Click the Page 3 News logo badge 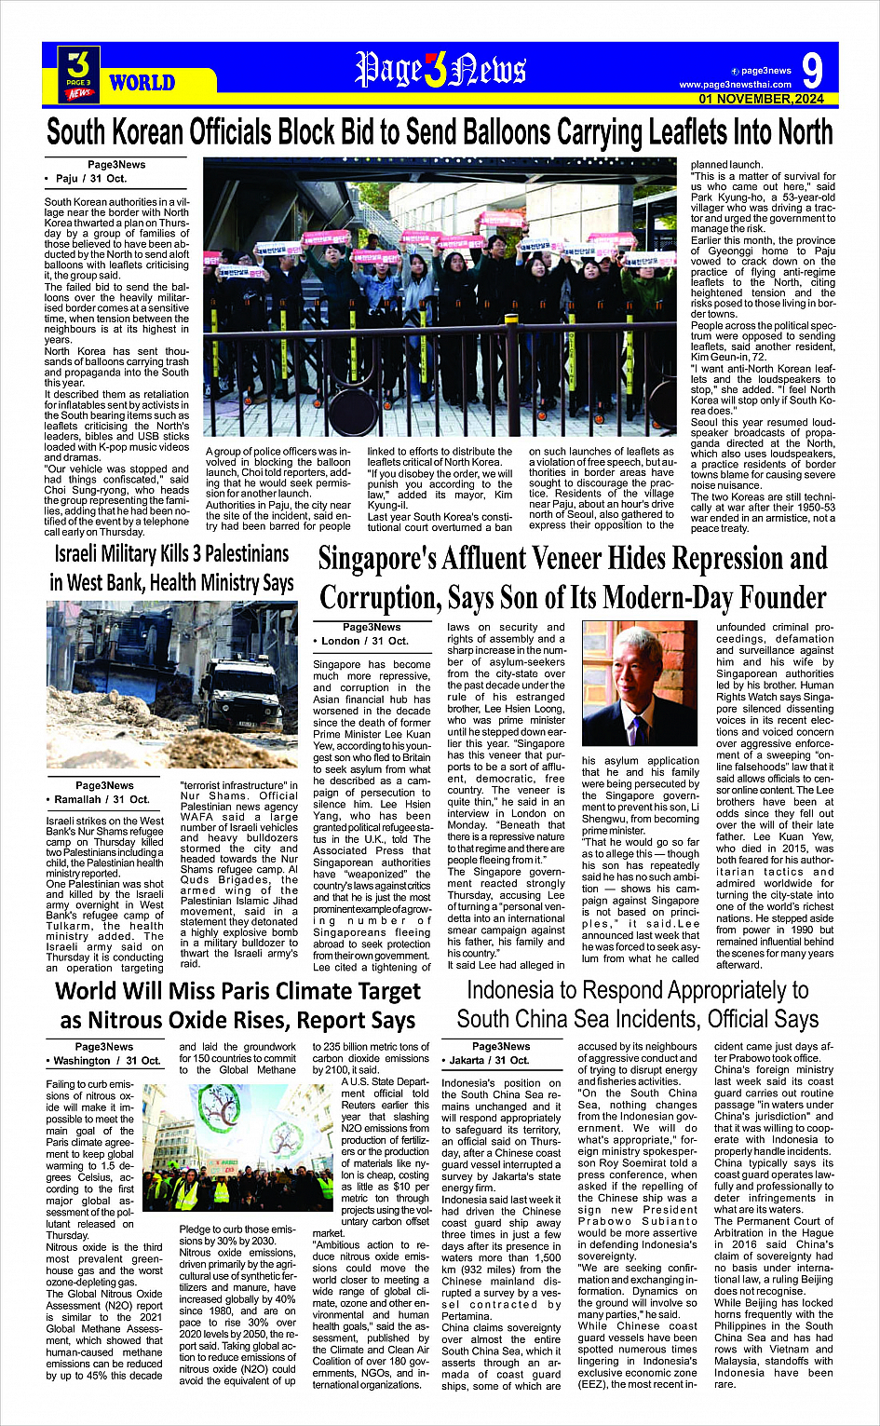point(79,75)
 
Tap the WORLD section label point(142,83)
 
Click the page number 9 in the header point(812,71)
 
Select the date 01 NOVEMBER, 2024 point(761,99)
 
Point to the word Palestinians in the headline point(234,554)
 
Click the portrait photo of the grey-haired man point(639,686)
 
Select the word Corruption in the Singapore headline point(379,597)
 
